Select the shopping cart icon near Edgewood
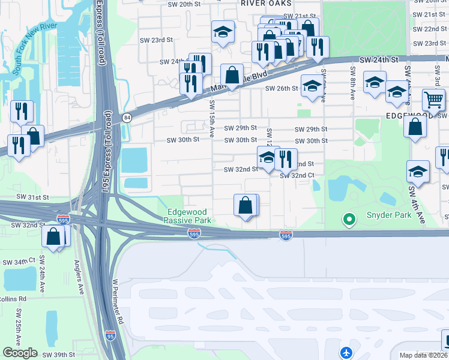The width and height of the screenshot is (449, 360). click(x=433, y=100)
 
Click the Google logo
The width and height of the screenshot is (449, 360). click(x=20, y=352)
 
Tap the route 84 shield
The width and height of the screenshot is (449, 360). click(x=127, y=117)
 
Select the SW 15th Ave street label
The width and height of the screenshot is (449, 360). click(x=212, y=119)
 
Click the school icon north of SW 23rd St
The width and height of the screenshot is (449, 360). click(x=223, y=32)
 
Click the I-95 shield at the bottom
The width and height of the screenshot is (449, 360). click(x=110, y=336)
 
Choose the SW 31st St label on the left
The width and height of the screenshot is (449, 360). click(x=32, y=197)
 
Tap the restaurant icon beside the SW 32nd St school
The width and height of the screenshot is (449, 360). click(x=286, y=159)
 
